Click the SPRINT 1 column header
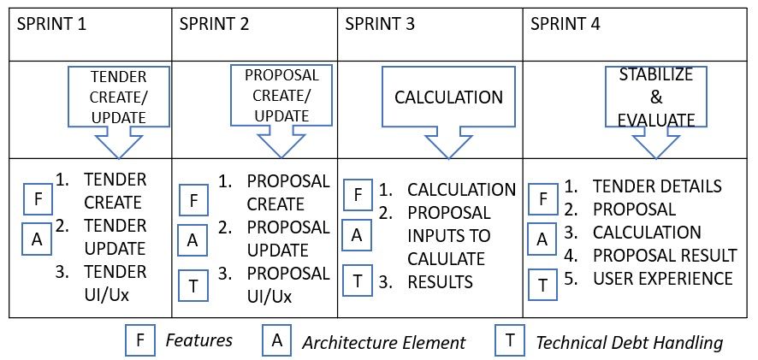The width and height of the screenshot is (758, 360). pyautogui.click(x=51, y=24)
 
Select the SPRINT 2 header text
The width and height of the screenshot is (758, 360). pyautogui.click(x=215, y=24)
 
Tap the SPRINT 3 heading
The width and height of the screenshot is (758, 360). pyautogui.click(x=380, y=24)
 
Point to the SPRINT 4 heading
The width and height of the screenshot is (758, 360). pyautogui.click(x=566, y=24)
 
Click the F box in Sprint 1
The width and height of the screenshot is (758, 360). pyautogui.click(x=37, y=200)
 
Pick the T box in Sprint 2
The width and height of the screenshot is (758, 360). pyautogui.click(x=193, y=285)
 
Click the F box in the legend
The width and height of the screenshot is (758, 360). pyautogui.click(x=140, y=340)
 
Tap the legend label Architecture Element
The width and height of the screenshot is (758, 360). pyautogui.click(x=383, y=343)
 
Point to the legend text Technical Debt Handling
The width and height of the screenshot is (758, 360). pyautogui.click(x=629, y=343)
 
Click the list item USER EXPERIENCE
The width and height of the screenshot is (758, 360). pyautogui.click(x=662, y=279)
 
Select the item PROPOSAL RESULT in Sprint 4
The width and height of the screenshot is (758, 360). pyautogui.click(x=664, y=256)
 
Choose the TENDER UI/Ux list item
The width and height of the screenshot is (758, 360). pyautogui.click(x=115, y=284)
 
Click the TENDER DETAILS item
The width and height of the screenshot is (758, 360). pyautogui.click(x=656, y=186)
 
